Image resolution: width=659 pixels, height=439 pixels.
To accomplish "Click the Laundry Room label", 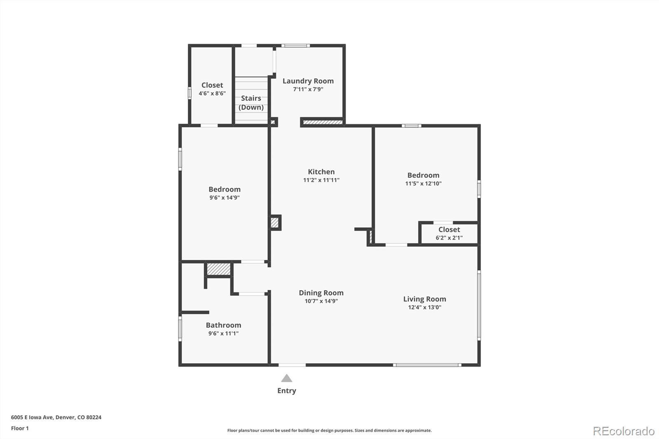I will (308, 81).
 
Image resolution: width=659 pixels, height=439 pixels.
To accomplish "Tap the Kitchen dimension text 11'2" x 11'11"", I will (321, 180).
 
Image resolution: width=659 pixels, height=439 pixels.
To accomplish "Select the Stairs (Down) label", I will (251, 103).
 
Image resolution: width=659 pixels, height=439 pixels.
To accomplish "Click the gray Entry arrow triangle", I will (287, 378).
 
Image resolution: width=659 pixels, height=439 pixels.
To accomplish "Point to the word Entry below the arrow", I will (287, 391).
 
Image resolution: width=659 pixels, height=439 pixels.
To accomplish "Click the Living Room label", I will (424, 299).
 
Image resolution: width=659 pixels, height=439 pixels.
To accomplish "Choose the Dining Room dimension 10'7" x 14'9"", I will (321, 301).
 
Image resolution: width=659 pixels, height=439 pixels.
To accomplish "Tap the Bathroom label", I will (224, 325).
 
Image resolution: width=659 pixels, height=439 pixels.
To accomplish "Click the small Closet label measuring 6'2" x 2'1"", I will (449, 229).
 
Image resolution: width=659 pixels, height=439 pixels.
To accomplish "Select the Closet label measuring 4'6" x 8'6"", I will (212, 85).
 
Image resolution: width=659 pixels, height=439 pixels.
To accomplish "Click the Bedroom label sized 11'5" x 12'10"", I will (423, 175).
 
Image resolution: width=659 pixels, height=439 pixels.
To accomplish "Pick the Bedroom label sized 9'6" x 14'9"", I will (224, 189).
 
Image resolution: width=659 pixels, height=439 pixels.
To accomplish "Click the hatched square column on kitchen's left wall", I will (275, 223).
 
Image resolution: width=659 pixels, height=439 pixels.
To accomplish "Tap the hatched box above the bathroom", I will (218, 269).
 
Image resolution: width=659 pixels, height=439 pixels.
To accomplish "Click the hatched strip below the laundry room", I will (322, 122).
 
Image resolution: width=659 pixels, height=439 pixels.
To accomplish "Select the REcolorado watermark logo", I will (624, 431).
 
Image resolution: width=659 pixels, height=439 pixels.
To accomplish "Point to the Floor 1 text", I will (20, 428).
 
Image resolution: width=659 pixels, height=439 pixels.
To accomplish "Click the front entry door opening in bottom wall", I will (292, 364).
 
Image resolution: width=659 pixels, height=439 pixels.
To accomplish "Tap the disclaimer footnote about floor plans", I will (329, 430).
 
